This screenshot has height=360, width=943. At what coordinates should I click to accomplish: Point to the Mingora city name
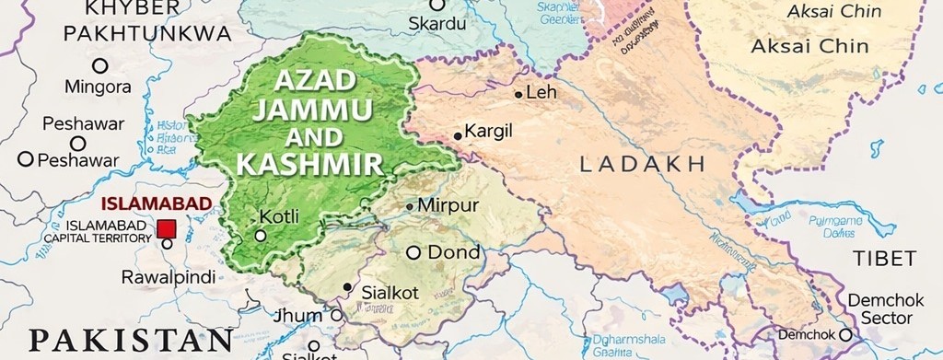98,87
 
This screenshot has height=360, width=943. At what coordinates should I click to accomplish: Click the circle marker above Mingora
99,65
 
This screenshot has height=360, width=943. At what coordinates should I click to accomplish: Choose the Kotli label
279,217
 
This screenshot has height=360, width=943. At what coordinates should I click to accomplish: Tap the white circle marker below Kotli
261,236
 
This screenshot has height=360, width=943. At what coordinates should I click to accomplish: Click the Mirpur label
448,205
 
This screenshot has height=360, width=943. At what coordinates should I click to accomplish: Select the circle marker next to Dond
413,252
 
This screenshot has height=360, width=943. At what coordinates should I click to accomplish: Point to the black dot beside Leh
518,94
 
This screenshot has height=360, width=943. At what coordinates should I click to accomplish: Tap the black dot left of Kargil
458,136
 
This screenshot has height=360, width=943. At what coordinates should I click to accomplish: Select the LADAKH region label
643,165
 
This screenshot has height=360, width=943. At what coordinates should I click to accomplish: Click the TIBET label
883,258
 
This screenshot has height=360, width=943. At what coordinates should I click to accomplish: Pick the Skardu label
438,22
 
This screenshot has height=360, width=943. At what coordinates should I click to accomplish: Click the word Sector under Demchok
879,318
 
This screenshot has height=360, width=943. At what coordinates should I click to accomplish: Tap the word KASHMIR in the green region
309,165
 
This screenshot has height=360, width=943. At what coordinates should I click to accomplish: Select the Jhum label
298,316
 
